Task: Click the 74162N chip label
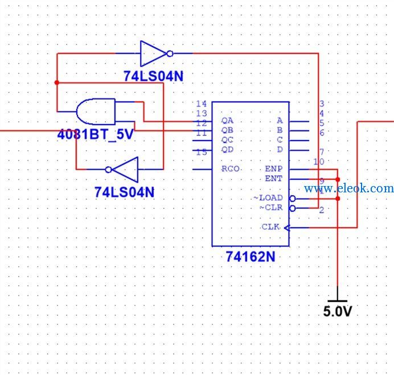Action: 251,257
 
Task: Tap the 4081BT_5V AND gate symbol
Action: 96,112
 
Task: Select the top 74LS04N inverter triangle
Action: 153,53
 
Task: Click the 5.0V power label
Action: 338,311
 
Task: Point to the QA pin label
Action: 227,121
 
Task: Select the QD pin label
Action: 227,150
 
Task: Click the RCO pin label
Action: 231,169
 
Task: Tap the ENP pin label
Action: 274,168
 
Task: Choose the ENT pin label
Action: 274,178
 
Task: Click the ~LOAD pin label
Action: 268,198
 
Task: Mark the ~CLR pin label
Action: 271,208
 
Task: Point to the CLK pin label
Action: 270,227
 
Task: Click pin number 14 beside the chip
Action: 202,104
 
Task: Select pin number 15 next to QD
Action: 202,152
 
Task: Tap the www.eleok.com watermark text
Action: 349,188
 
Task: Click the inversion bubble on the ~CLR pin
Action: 293,208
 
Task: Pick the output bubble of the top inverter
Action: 170,53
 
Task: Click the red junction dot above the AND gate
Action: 57,83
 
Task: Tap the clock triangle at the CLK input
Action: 287,228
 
